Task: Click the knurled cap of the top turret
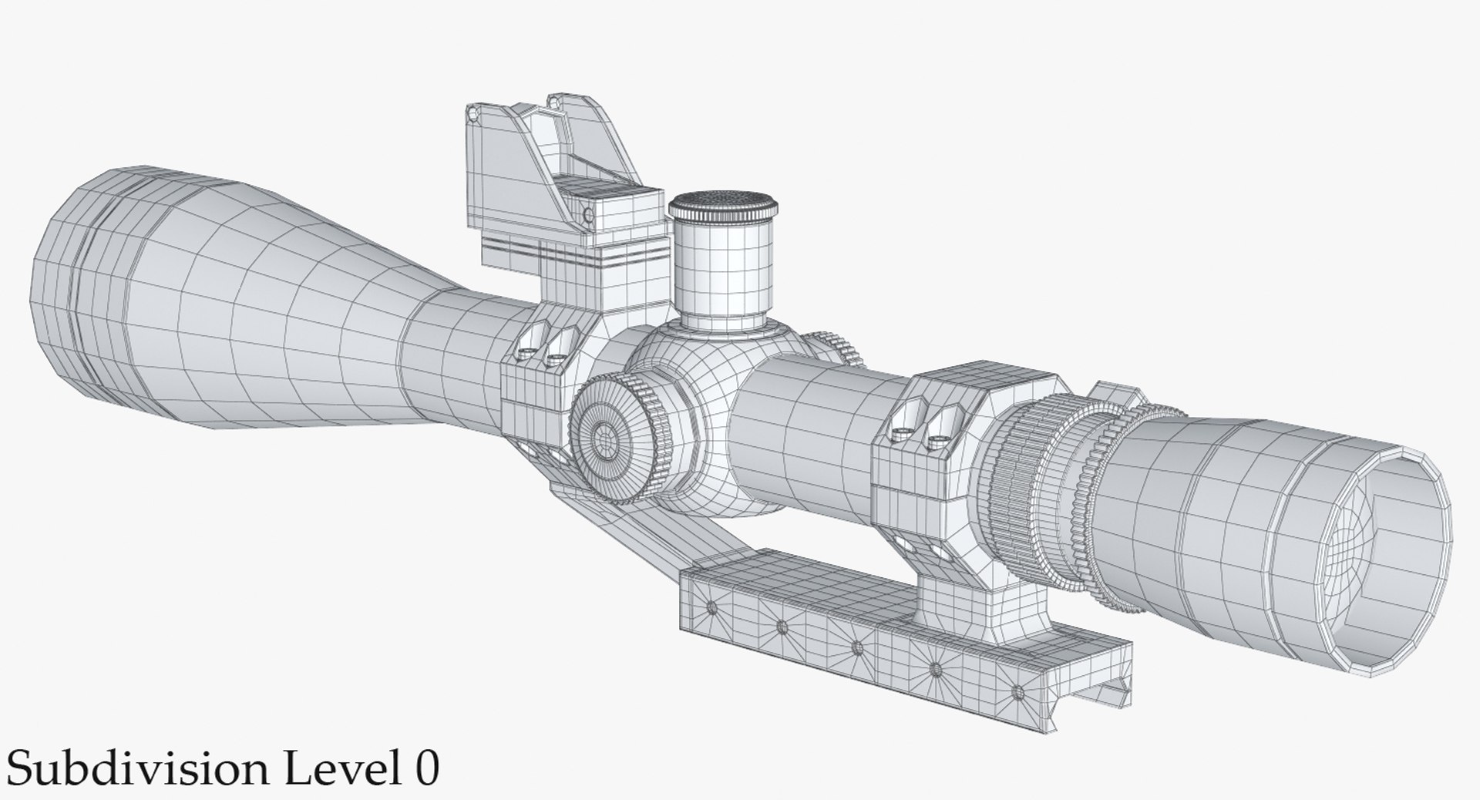pyautogui.click(x=723, y=206)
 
